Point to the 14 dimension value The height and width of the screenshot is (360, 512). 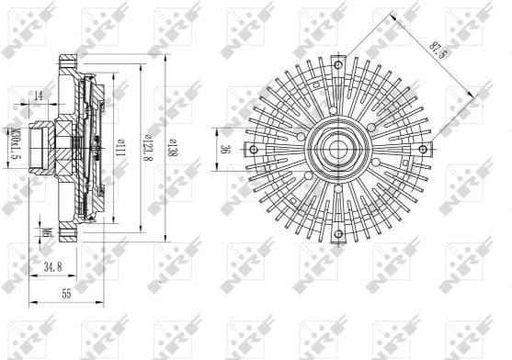(x=39, y=95)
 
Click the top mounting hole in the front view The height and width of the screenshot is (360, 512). (x=337, y=64)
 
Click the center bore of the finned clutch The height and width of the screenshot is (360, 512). (x=337, y=148)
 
